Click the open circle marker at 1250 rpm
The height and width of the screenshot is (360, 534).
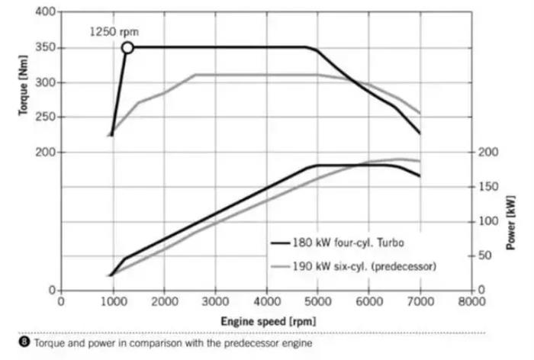(x=127, y=47)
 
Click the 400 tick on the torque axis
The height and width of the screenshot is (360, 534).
(x=47, y=12)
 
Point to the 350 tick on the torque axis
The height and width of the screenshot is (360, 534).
(x=47, y=47)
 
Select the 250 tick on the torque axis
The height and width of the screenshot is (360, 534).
(x=47, y=117)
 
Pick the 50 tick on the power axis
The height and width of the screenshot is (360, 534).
(x=486, y=256)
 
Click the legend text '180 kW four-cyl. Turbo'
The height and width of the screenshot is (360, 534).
(x=348, y=243)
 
